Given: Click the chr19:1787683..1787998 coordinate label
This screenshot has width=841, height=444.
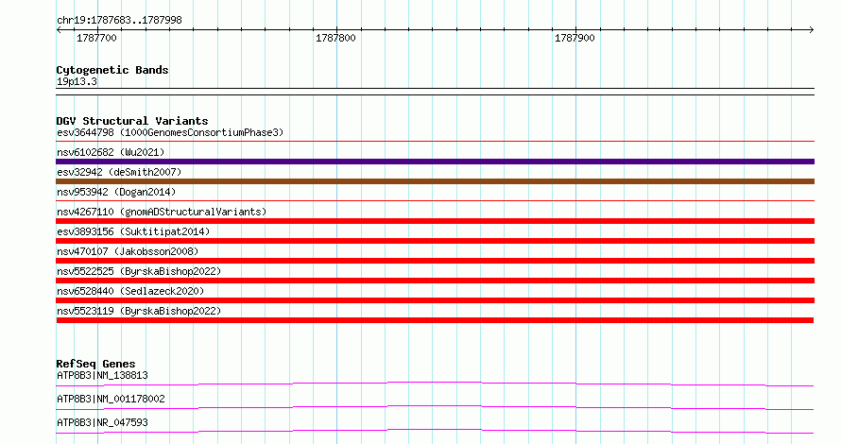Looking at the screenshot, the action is (x=119, y=21).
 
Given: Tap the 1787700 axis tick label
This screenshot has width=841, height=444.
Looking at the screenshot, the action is (x=96, y=38).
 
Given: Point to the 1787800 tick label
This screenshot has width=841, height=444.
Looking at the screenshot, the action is (x=335, y=38).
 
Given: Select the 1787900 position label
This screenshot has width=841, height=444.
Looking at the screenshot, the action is (x=575, y=38).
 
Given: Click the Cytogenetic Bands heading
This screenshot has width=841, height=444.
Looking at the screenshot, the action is (x=112, y=70).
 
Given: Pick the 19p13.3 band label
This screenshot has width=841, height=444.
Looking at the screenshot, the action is (x=77, y=81).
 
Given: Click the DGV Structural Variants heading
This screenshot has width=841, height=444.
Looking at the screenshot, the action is (x=132, y=121).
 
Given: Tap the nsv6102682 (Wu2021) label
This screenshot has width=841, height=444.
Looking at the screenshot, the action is (x=111, y=152).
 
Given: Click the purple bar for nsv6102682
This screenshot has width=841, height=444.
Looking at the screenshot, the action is (x=435, y=162).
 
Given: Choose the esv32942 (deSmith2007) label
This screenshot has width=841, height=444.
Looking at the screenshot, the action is (x=119, y=172).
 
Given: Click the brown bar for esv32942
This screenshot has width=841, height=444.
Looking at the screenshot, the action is (x=435, y=181).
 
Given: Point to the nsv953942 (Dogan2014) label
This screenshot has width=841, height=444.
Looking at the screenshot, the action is (x=116, y=192).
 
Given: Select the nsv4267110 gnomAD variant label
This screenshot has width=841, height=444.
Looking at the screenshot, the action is (x=162, y=212).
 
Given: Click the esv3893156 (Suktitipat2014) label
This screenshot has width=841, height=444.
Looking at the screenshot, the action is (x=133, y=231).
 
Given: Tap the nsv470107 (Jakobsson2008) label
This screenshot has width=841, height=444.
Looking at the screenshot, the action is (x=128, y=251).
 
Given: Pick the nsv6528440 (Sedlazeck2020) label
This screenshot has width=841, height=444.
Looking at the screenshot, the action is (x=130, y=291).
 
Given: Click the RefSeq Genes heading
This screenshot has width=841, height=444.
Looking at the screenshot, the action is (x=95, y=364).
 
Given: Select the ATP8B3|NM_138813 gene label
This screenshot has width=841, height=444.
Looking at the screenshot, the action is (x=102, y=375).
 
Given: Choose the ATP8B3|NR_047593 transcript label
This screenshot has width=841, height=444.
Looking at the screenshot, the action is (x=102, y=422).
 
